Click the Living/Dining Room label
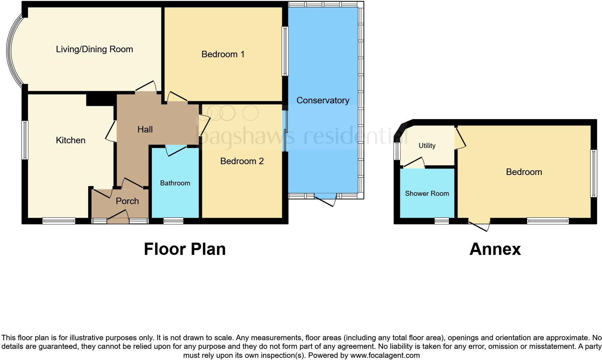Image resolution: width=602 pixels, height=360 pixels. [x=94, y=49]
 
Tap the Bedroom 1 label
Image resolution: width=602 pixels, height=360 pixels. [x=223, y=54]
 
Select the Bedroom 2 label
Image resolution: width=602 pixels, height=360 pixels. [x=242, y=161]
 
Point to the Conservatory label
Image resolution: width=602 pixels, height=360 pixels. [x=323, y=100]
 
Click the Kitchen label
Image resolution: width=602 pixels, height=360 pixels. [x=71, y=140]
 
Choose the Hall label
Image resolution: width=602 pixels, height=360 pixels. [x=145, y=130]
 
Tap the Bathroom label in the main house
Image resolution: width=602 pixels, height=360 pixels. [x=175, y=183]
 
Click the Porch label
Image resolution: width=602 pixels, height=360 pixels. [x=127, y=201]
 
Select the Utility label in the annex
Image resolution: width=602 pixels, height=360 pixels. [x=427, y=146]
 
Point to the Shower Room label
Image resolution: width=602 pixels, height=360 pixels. [x=427, y=194]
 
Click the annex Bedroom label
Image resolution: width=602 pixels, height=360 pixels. [x=524, y=172]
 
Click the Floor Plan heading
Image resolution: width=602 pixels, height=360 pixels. [x=185, y=249]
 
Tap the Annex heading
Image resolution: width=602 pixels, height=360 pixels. [x=495, y=249]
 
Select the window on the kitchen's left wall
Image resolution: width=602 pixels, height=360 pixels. [x=24, y=140]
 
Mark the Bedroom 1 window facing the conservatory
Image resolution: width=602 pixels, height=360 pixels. [x=285, y=51]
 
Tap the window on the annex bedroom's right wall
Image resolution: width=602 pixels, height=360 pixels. [x=593, y=173]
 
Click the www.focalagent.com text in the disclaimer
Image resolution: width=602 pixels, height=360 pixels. [x=385, y=355]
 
